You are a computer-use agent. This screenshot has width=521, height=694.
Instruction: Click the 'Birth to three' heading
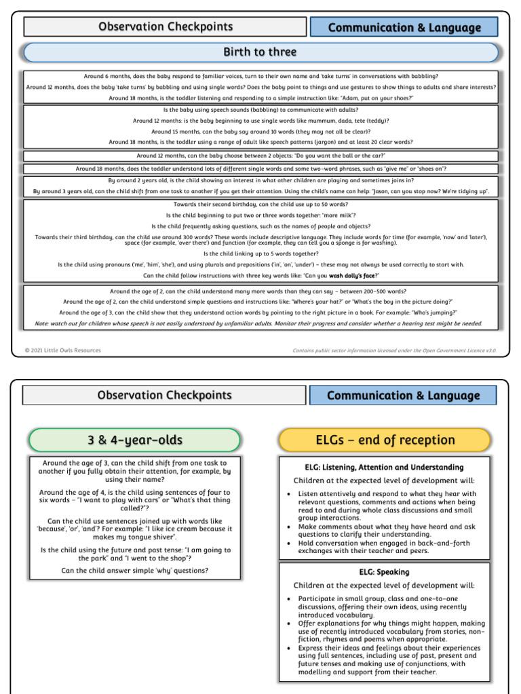260,52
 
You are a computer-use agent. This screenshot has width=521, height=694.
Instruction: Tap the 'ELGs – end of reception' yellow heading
385,440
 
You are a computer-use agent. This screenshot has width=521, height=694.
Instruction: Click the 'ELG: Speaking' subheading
384,572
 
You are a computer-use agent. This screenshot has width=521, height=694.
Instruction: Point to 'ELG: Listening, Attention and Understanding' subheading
384,467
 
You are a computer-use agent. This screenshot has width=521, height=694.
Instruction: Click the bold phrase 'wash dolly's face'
351,276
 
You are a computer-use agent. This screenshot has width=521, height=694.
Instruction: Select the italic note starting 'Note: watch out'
258,323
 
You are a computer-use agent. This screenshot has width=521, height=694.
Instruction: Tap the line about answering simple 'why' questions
134,570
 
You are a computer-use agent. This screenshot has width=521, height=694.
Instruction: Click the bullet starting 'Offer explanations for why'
391,631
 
